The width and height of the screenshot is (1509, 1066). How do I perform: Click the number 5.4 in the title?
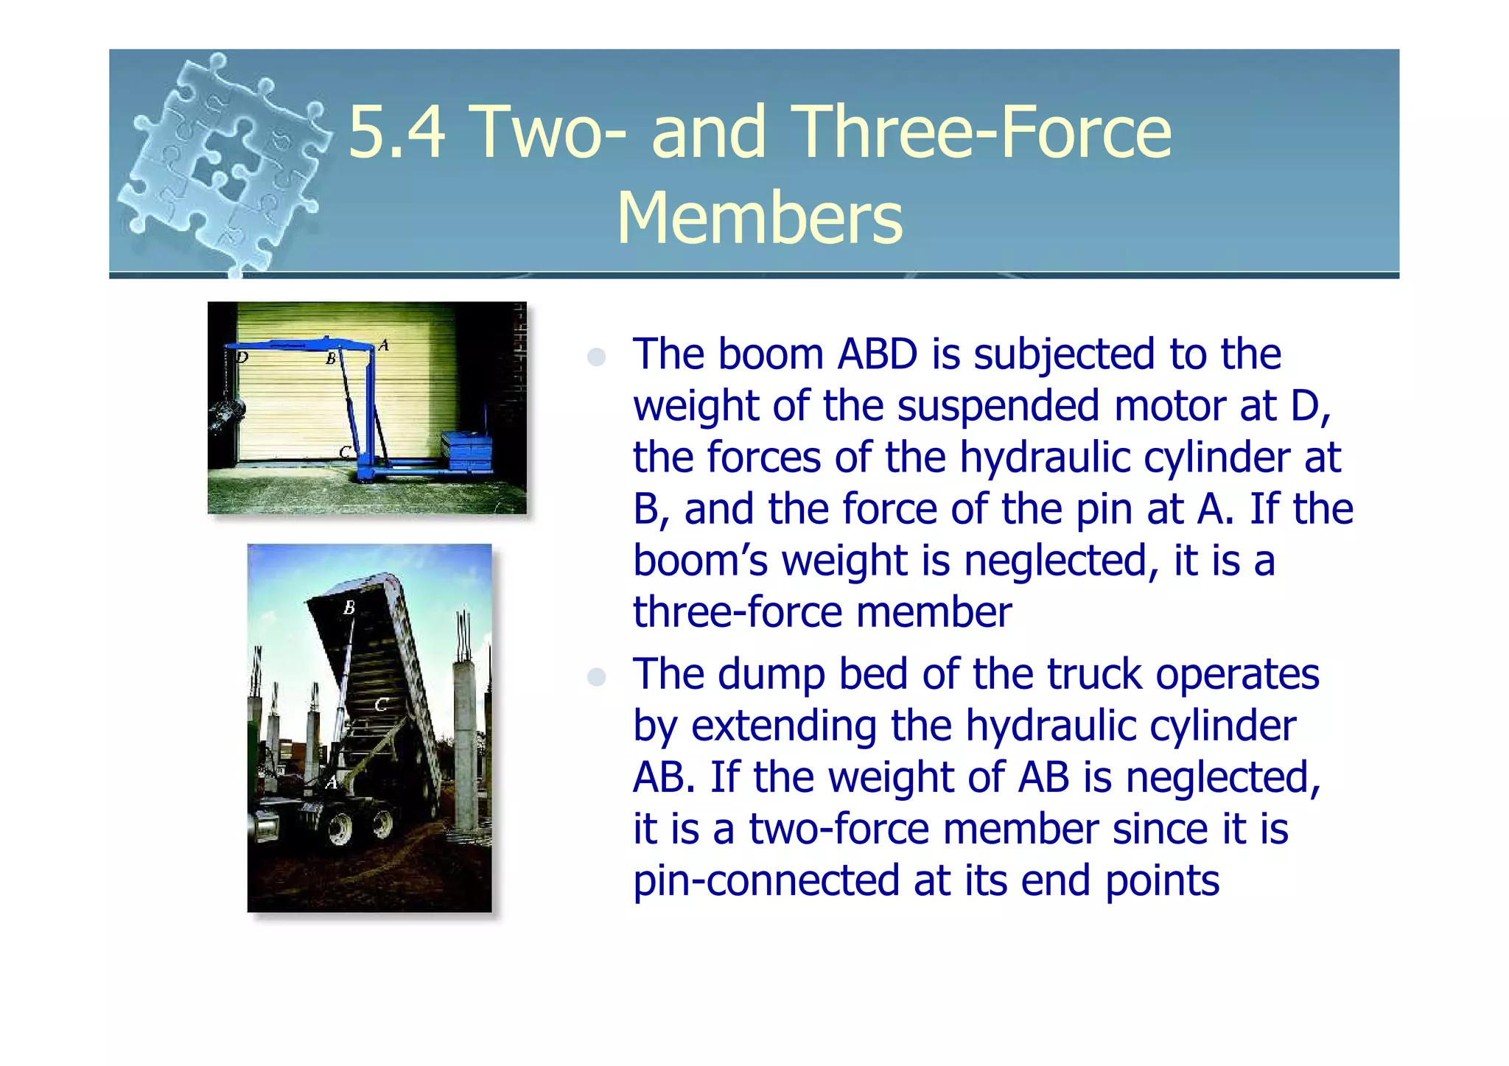coord(396,133)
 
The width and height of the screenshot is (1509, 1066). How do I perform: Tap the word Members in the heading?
coord(759,218)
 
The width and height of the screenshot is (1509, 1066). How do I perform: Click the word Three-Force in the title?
coord(984,133)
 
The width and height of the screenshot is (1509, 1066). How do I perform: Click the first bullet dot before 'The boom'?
coord(596,357)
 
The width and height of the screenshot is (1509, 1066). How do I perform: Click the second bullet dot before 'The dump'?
coord(596,677)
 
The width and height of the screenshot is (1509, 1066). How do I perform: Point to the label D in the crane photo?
coord(242,358)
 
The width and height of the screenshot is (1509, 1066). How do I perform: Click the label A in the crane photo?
coord(383,345)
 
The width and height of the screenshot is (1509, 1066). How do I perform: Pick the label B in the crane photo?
coord(331,359)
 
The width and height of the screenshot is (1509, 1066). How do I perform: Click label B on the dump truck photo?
coord(349,608)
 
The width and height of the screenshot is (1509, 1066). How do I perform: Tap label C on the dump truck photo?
coord(381,705)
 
